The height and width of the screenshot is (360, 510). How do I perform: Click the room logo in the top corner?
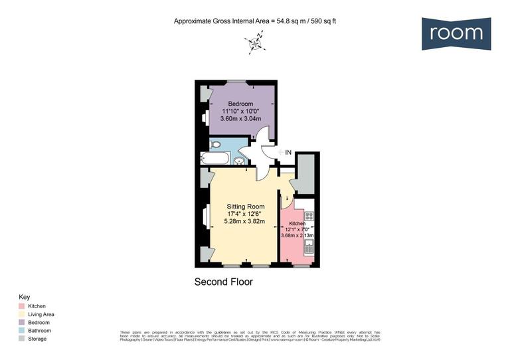point(456,33)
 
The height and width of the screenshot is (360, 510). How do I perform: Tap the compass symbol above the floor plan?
point(254,45)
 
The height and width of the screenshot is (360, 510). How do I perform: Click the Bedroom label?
point(240,104)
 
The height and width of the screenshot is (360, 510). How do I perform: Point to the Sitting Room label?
point(246,206)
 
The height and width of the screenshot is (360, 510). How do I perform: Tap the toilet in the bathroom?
point(214,145)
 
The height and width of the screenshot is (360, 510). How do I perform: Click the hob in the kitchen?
point(309,216)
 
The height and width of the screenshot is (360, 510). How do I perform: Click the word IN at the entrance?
point(288,153)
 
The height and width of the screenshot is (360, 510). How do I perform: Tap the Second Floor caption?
point(223,282)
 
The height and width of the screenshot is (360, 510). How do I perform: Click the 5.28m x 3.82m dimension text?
point(246,222)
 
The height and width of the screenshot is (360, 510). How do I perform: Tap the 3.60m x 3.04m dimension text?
point(240,119)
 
